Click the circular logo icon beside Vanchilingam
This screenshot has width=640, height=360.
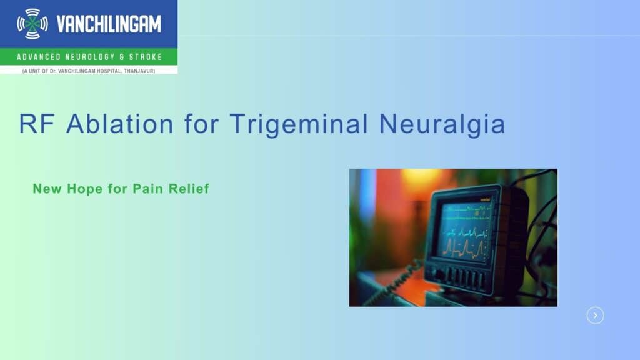pyautogui.click(x=32, y=24)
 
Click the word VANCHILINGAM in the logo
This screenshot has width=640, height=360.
pyautogui.click(x=109, y=24)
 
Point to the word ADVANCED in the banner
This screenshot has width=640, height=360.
pyautogui.click(x=39, y=57)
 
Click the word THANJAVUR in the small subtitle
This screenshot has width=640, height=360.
pyautogui.click(x=139, y=71)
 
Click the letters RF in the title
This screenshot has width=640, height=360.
pyautogui.click(x=37, y=124)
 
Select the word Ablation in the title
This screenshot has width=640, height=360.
pyautogui.click(x=120, y=124)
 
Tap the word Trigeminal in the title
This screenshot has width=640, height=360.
pyautogui.click(x=299, y=124)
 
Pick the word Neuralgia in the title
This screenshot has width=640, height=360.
pyautogui.click(x=442, y=124)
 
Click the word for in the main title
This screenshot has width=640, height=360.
pyautogui.click(x=202, y=124)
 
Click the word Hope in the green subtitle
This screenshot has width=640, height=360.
pyautogui.click(x=84, y=189)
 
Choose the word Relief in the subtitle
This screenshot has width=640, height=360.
pyautogui.click(x=189, y=189)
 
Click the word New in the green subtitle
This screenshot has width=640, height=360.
pyautogui.click(x=47, y=189)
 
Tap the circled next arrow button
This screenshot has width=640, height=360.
pyautogui.click(x=595, y=316)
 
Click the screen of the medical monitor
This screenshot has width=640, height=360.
pyautogui.click(x=464, y=232)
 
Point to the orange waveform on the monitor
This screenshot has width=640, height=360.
pyautogui.click(x=464, y=249)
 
